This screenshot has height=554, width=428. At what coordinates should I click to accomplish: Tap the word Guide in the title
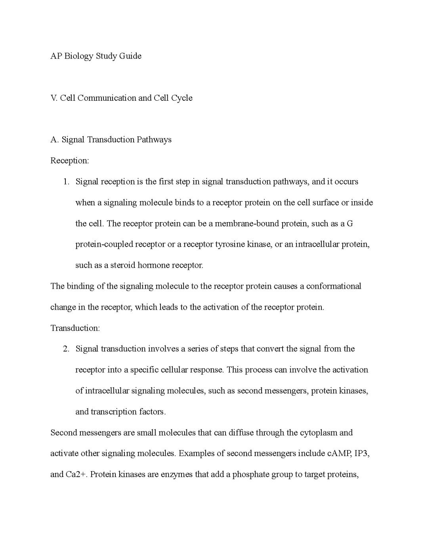click(130, 56)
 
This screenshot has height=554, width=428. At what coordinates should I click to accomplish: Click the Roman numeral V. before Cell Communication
click(54, 98)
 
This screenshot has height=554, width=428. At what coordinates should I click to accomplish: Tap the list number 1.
click(66, 182)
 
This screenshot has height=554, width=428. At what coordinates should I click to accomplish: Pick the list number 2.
click(66, 349)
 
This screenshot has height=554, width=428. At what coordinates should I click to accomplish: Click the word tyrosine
click(230, 244)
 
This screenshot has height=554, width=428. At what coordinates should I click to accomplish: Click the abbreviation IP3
click(361, 453)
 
